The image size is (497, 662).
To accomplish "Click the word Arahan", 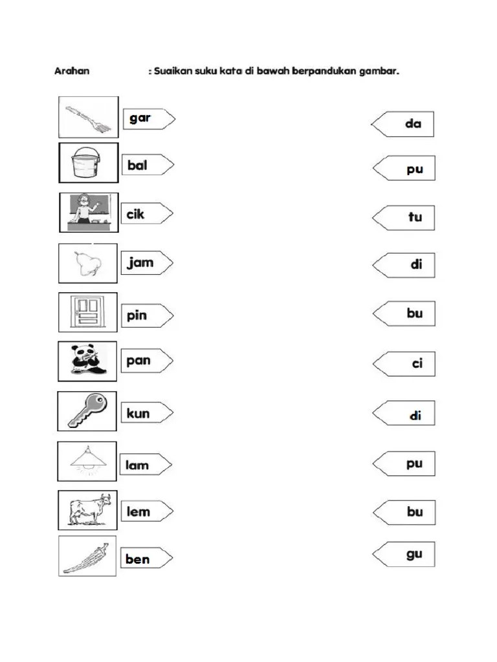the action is tap(72, 71).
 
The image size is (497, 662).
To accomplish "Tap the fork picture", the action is tap(88, 117).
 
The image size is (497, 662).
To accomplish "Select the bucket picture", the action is tap(88, 162).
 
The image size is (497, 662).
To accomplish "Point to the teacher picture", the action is tap(89, 213).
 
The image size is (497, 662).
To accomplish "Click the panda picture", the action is tap(87, 361).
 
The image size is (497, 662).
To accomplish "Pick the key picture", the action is tap(87, 411).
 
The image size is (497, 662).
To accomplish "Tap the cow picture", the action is tap(87, 510).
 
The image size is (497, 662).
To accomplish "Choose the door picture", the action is tap(88, 312).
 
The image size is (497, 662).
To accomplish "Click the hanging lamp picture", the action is tap(87, 462).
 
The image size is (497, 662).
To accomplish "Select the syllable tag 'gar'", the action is tap(149, 119).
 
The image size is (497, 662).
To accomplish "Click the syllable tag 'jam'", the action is tap(147, 262).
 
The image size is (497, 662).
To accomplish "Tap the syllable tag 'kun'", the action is tap(147, 413).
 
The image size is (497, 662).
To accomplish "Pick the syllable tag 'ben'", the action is tap(147, 558).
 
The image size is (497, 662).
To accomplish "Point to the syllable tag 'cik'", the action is tap(147, 213).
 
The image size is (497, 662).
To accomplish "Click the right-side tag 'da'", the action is tap(403, 124).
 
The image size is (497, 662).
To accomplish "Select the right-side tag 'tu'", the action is tap(403, 218).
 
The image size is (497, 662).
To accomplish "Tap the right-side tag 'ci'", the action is tap(404, 363).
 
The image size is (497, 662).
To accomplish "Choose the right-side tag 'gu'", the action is tap(404, 554).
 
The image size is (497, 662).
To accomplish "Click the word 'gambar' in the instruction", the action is tap(379, 71).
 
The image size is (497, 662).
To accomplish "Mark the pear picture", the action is tap(88, 263).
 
